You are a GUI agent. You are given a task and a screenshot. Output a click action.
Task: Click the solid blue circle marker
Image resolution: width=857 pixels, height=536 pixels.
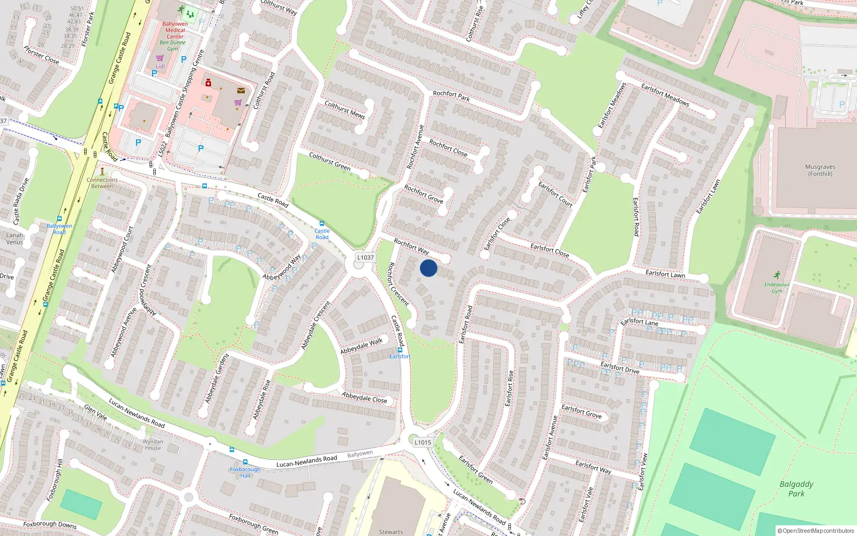click(428, 268)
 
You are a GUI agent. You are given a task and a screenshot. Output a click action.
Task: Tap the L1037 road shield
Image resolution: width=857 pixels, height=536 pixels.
click(366, 257)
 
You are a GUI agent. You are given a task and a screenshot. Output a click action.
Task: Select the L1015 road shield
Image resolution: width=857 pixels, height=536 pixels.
click(423, 442)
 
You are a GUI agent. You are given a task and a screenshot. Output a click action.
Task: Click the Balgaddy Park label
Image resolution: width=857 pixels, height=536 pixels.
click(796, 488)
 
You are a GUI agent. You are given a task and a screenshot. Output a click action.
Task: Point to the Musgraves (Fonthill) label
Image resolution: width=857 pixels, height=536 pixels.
click(820, 170)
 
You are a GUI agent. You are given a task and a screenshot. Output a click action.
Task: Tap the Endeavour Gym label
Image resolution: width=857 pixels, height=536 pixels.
click(777, 287)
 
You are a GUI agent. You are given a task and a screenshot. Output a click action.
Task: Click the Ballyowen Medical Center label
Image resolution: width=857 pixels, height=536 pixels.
click(175, 30)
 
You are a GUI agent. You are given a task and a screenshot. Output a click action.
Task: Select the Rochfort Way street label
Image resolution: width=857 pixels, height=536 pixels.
click(411, 247)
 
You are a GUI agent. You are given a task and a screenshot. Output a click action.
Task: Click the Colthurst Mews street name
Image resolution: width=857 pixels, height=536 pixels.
click(344, 109)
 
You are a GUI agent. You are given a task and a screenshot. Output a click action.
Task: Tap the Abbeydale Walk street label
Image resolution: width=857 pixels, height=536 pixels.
click(362, 346)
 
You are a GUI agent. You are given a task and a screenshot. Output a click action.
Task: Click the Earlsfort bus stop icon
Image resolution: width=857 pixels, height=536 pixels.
click(400, 350)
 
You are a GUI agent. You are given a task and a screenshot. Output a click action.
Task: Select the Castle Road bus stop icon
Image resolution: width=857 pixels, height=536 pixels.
click(322, 224)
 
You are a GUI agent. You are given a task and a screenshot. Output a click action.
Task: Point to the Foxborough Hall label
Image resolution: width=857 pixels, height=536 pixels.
click(245, 472)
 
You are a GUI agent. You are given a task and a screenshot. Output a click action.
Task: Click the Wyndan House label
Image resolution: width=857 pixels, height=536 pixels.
click(153, 445)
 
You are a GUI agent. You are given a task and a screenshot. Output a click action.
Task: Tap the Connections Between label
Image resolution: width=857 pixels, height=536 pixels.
click(102, 183)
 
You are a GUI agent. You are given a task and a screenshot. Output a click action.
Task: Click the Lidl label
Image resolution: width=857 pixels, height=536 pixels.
click(160, 66)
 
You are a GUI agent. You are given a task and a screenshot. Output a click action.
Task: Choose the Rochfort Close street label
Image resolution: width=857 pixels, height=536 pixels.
click(448, 148)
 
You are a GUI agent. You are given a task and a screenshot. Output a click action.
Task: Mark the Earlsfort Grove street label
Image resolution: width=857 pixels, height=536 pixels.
click(582, 412)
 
